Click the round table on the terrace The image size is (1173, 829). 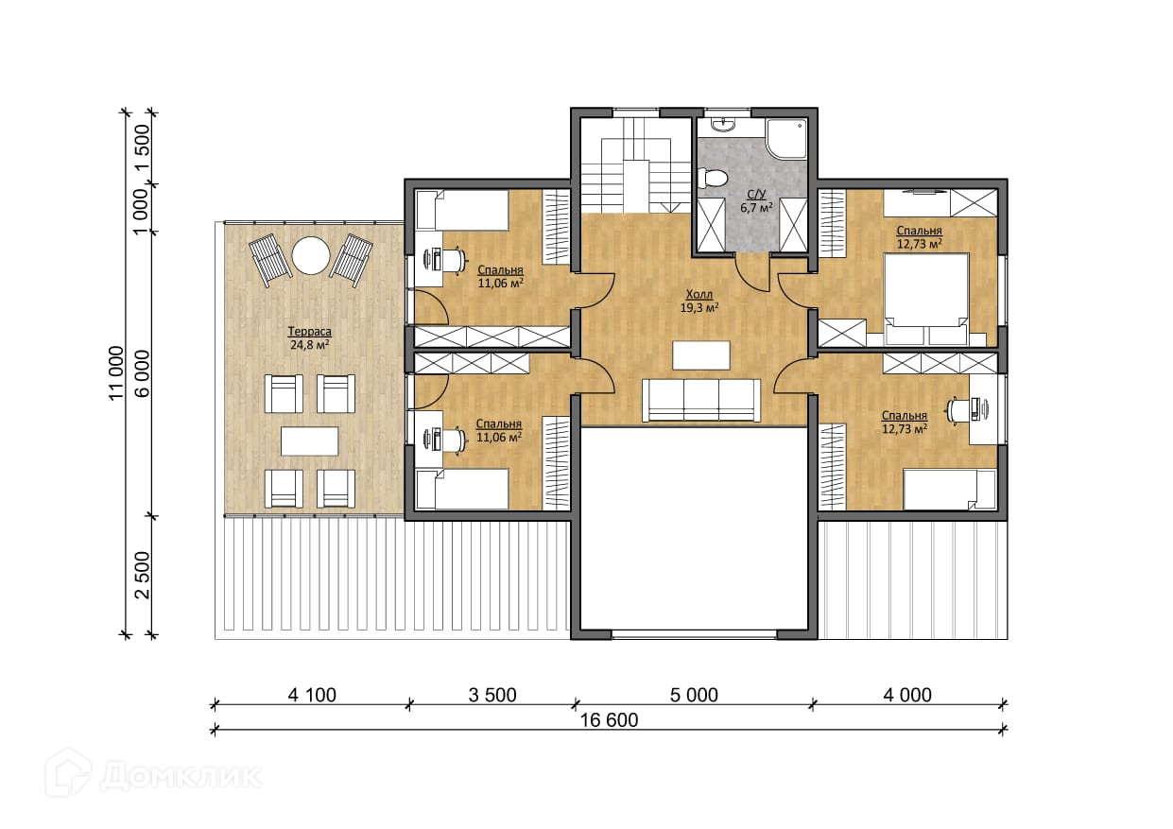(311, 255)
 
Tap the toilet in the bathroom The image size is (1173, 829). (713, 178)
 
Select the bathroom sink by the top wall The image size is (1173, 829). (724, 124)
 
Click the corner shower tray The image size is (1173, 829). (786, 138)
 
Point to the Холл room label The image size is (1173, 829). (699, 294)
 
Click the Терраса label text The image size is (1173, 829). (309, 332)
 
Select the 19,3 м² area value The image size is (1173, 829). (699, 308)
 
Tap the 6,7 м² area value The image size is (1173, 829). (756, 207)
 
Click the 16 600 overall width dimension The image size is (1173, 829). (609, 720)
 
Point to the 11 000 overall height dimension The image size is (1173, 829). (116, 372)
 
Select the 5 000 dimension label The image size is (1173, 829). (694, 696)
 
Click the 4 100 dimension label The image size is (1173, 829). (312, 696)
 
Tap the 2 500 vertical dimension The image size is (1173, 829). (143, 575)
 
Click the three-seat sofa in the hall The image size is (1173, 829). (701, 400)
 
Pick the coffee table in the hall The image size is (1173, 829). (701, 355)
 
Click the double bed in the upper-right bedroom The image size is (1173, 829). (925, 299)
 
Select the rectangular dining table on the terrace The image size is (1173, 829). (309, 440)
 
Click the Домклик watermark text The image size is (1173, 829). (181, 777)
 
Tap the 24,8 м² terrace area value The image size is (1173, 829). (309, 345)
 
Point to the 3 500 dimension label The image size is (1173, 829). (492, 696)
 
